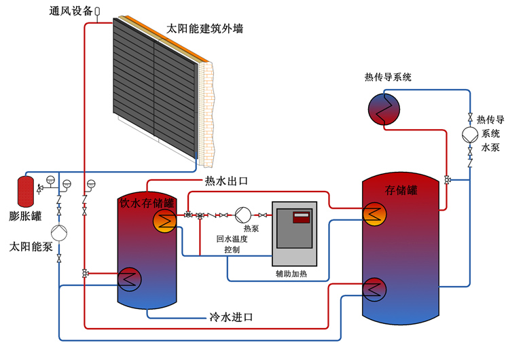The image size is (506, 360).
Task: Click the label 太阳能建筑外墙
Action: pos(204,29)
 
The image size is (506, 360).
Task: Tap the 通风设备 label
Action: pos(71,11)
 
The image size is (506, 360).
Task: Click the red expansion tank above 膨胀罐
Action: pos(26,192)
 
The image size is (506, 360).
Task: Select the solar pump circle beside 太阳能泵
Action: pos(59,233)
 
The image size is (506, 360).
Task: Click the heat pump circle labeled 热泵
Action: pos(242,215)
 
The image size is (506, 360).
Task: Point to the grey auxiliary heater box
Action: pos(294,234)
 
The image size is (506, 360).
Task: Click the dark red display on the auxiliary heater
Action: pos(301,217)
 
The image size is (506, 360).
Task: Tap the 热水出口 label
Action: pos(226,181)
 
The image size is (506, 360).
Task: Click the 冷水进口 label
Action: pos(231,317)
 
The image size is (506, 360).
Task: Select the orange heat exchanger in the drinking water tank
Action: pos(164,221)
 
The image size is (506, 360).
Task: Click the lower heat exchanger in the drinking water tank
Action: pos(130,279)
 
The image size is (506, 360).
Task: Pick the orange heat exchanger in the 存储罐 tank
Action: pos(375,214)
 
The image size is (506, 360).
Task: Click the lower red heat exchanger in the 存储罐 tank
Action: pos(374,289)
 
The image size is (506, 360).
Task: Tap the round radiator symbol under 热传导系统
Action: pos(384,109)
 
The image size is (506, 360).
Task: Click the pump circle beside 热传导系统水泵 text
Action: pos(470,135)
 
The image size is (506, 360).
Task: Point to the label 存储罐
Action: pos(401,190)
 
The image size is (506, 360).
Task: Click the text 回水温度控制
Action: pos(232,244)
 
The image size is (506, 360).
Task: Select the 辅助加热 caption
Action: pos(291,274)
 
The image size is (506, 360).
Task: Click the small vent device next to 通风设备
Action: pos(97,12)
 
